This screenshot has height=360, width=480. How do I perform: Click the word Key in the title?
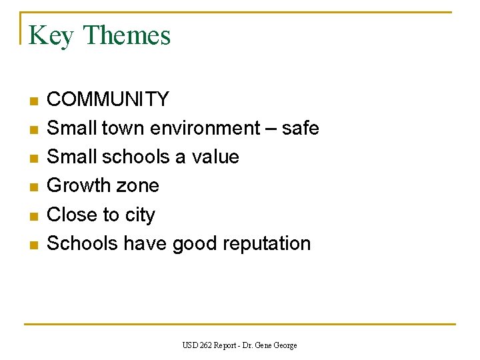(x=51, y=36)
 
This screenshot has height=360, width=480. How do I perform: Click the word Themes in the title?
(x=127, y=35)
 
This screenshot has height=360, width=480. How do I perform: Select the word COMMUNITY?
(x=108, y=99)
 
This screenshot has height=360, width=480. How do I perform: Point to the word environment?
(x=205, y=128)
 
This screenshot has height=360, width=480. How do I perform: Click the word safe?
(x=300, y=128)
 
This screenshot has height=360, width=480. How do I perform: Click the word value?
(x=215, y=157)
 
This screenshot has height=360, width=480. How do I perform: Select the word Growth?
(x=78, y=185)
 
